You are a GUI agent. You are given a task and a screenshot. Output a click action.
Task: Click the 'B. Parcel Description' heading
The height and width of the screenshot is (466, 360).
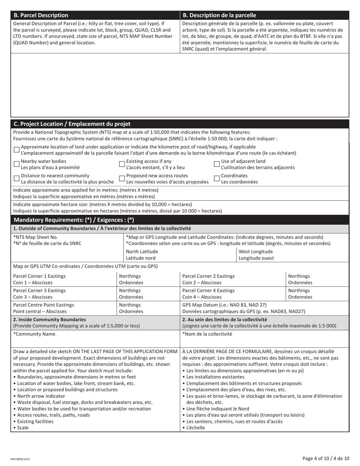[41, 16]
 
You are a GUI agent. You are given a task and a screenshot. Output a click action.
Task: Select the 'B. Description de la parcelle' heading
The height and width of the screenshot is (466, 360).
[219, 16]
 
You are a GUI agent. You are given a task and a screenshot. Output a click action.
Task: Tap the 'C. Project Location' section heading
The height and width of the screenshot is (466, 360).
[72, 124]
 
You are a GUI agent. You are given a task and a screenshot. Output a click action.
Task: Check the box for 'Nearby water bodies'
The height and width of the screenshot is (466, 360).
[16, 164]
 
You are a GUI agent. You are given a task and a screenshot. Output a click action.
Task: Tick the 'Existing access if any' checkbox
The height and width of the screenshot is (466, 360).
[122, 164]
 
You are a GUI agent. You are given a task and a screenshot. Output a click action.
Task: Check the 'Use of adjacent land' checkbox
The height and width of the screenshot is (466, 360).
[217, 164]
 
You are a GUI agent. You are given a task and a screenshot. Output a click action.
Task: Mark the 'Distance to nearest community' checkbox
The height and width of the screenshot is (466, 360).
[16, 178]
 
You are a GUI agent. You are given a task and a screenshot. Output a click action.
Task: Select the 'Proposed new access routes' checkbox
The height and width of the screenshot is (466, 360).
[122, 178]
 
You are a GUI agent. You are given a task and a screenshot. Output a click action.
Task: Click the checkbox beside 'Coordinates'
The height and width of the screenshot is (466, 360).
[217, 178]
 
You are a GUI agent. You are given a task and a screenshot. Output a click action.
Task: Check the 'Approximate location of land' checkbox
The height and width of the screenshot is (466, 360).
[16, 150]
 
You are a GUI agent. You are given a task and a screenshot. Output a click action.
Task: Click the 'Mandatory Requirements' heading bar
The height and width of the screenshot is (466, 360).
[74, 220]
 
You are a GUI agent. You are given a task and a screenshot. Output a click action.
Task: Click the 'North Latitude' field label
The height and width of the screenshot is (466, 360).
[142, 252]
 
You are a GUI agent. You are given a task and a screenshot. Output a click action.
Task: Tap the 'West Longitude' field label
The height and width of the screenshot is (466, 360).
[255, 252]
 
